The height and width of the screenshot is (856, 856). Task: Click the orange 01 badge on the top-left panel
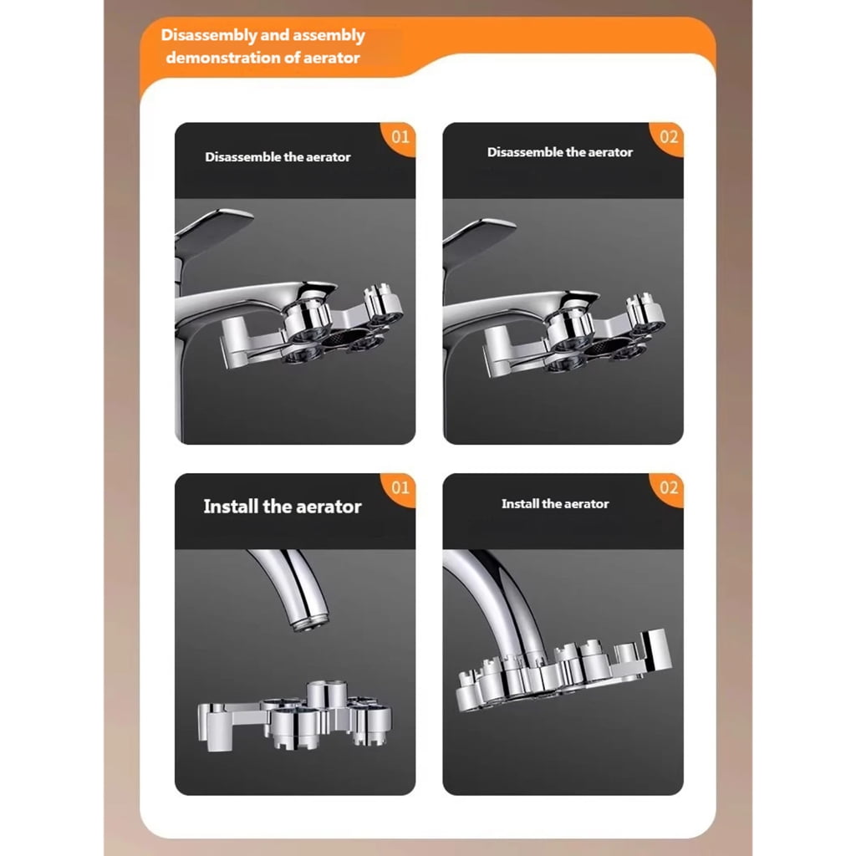[x=399, y=138]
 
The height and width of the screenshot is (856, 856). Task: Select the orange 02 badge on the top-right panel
[x=668, y=138]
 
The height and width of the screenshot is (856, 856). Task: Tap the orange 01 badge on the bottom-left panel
[x=399, y=488]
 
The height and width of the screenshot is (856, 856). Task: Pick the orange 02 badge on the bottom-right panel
[x=668, y=488]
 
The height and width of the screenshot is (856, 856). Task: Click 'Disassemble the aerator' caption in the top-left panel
[x=278, y=157]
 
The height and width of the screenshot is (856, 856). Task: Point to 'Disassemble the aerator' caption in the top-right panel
[x=560, y=152]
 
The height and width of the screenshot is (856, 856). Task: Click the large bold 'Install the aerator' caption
[x=283, y=507]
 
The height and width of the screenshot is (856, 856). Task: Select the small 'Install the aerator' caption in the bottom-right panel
[x=555, y=504]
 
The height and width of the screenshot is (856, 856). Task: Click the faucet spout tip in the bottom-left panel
[x=311, y=622]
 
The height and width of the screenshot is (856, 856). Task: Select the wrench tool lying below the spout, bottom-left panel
[x=295, y=716]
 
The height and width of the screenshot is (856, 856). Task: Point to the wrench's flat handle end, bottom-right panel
[x=655, y=650]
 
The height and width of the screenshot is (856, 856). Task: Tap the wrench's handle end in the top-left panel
[x=236, y=339]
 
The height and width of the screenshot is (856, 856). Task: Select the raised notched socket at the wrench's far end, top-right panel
[x=645, y=314]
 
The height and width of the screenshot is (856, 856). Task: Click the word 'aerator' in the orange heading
[x=331, y=58]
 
